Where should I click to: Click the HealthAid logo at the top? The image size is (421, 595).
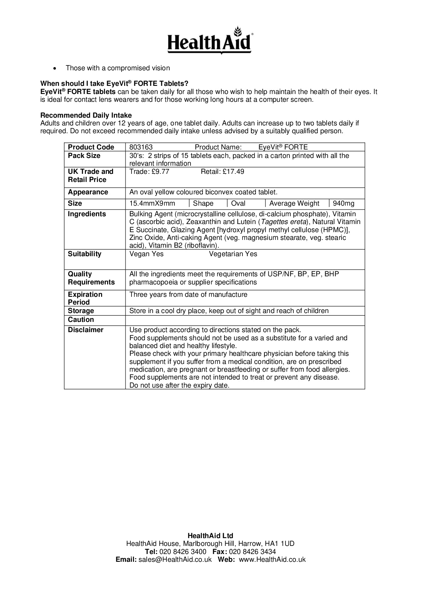coord(210,41)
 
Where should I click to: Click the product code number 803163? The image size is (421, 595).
coord(141,147)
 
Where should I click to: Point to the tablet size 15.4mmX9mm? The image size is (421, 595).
coord(152,204)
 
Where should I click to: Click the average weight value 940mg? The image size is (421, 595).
coord(344,204)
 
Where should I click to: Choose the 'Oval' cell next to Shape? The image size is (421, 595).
coord(238,204)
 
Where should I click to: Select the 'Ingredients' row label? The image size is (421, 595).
coord(87,214)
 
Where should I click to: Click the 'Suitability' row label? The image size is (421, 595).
coord(84,254)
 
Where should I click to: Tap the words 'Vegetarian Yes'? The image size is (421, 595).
coord(233,254)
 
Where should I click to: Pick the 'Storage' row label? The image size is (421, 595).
coord(81,311)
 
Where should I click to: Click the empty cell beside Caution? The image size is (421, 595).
coord(245,320)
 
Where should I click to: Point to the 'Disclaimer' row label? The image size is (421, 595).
coord(86,330)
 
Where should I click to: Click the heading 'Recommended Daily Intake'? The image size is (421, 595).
coord(86,116)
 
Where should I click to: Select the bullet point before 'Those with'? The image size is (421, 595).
coord(54,68)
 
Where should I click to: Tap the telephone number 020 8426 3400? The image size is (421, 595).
coord(183,552)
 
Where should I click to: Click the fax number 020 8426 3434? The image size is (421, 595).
coord(252,552)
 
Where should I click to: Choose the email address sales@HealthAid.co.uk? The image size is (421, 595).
coord(175,560)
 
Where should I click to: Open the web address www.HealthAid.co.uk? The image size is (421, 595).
coord(272,560)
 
